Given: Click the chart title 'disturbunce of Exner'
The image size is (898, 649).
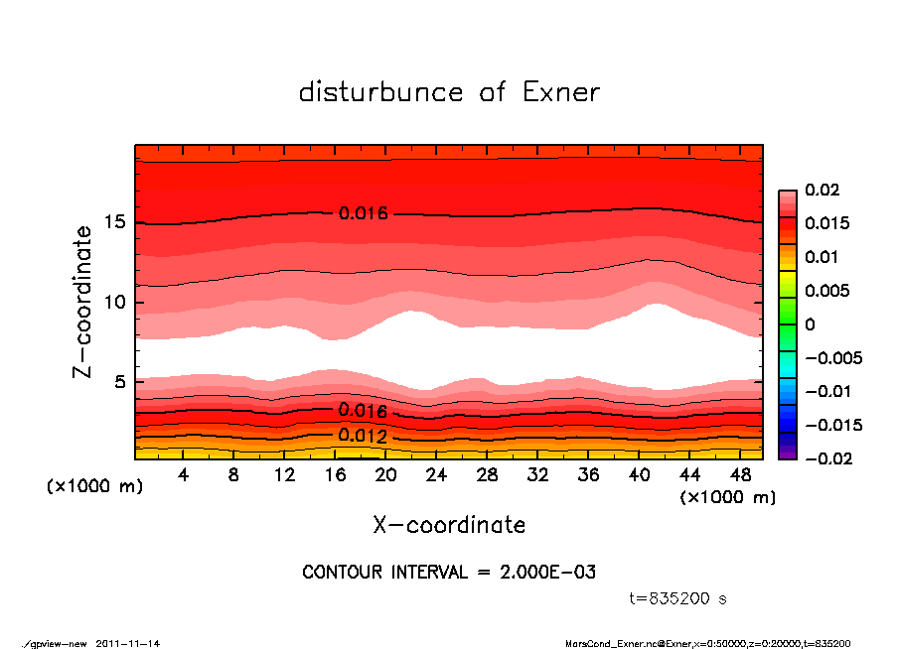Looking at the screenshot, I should (x=449, y=92).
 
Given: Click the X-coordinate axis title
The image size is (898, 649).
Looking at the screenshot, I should (x=449, y=525).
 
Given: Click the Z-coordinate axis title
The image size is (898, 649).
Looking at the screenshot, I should (x=83, y=302).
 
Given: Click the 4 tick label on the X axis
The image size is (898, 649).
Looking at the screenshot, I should (x=184, y=475).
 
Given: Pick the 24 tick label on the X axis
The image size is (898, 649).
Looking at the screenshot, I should (x=437, y=475).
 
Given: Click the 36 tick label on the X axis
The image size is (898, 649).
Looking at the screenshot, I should (x=589, y=475).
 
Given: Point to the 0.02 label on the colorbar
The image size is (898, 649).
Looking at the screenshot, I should (x=823, y=190).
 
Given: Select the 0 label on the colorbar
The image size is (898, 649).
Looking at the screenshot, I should (x=810, y=324).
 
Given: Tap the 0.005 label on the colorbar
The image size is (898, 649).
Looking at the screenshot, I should (x=826, y=291).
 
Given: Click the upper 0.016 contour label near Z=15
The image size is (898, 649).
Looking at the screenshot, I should (x=363, y=213).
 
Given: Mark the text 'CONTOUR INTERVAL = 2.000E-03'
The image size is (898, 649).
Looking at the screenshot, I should (x=449, y=573).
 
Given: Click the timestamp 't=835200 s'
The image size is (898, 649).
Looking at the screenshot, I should (x=678, y=598).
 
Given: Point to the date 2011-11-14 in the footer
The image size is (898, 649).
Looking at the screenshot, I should (x=128, y=643).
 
